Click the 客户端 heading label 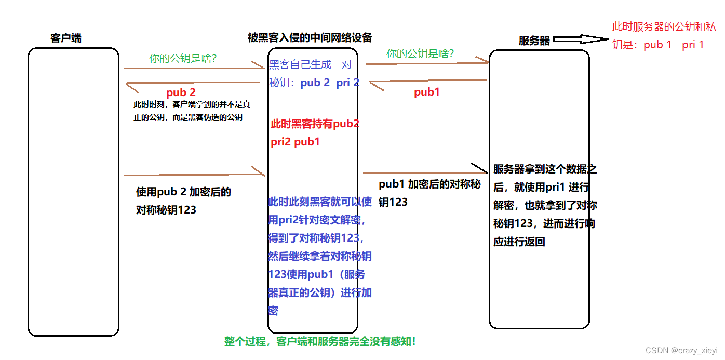click(66, 38)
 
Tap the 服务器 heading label click(534, 41)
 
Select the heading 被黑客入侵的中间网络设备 click(310, 37)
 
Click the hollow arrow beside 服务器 click(581, 39)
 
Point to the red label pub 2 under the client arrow click(181, 92)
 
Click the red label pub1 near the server click(426, 92)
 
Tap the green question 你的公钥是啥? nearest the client click(183, 59)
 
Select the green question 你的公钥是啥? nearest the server click(420, 54)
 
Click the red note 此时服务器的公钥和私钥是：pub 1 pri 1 click(665, 36)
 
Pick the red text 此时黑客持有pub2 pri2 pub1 click(314, 132)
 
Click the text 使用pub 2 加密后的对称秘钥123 click(183, 201)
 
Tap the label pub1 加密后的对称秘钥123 click(429, 192)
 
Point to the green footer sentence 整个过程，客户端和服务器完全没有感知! click(320, 342)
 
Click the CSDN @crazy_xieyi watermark click(681, 351)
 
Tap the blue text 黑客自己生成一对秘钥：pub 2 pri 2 click(313, 74)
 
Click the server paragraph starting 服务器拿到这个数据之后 click(545, 205)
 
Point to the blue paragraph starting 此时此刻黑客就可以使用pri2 click(319, 256)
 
